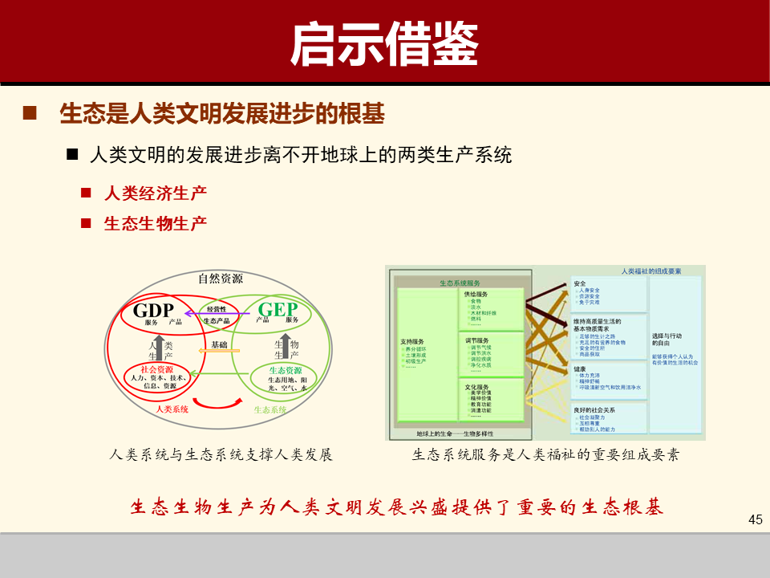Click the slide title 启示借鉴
[384, 43]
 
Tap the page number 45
[754, 519]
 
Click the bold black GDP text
[153, 310]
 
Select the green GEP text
[278, 309]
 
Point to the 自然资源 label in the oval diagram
[221, 279]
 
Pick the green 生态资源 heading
[286, 370]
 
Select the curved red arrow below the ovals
[217, 399]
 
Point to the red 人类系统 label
[172, 409]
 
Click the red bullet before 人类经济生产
[86, 193]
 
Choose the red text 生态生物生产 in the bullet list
[156, 223]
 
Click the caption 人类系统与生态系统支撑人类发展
[221, 454]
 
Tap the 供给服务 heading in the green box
[476, 294]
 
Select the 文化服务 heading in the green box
[477, 386]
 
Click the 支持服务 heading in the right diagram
[412, 341]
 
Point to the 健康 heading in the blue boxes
[580, 368]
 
